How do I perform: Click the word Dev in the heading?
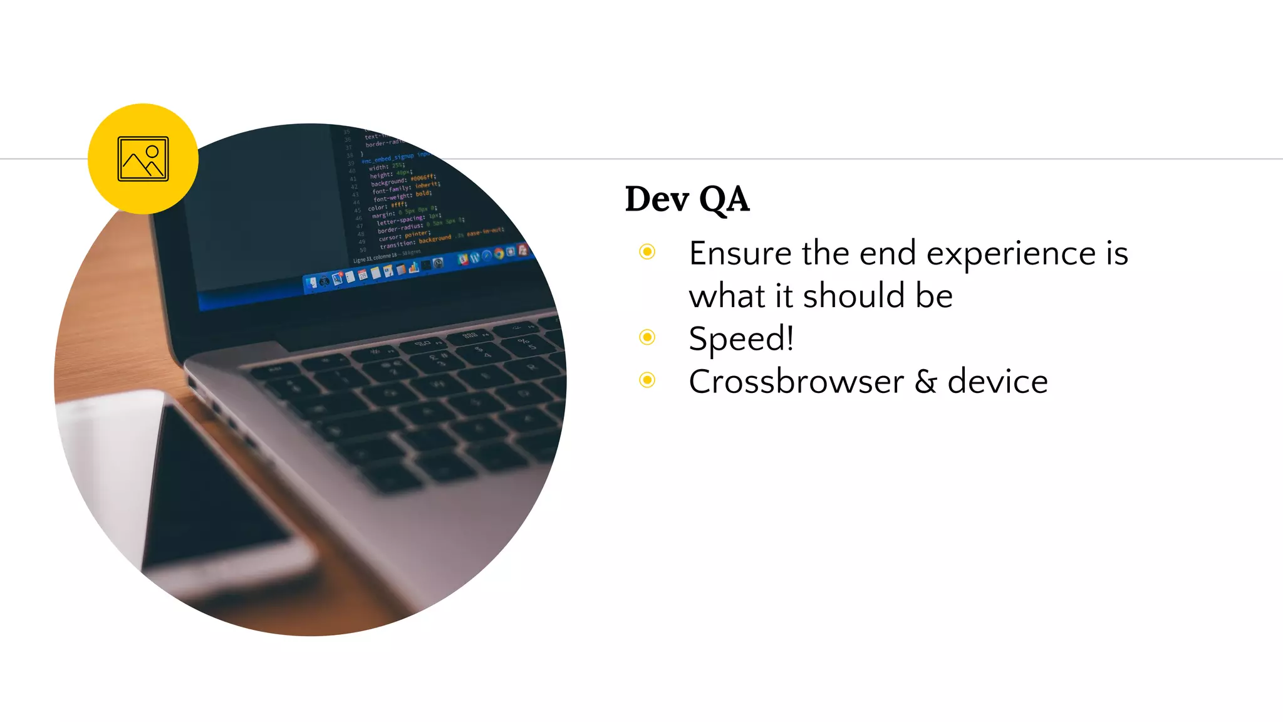[657, 199]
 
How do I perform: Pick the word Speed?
[741, 339]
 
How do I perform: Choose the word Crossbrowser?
[796, 382]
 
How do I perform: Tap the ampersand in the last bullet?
[925, 382]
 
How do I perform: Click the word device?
[997, 382]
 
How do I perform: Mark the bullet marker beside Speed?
[647, 337]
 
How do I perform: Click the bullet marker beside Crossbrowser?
[647, 380]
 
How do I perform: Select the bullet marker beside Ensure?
[647, 252]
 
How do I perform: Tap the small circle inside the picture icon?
[152, 152]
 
